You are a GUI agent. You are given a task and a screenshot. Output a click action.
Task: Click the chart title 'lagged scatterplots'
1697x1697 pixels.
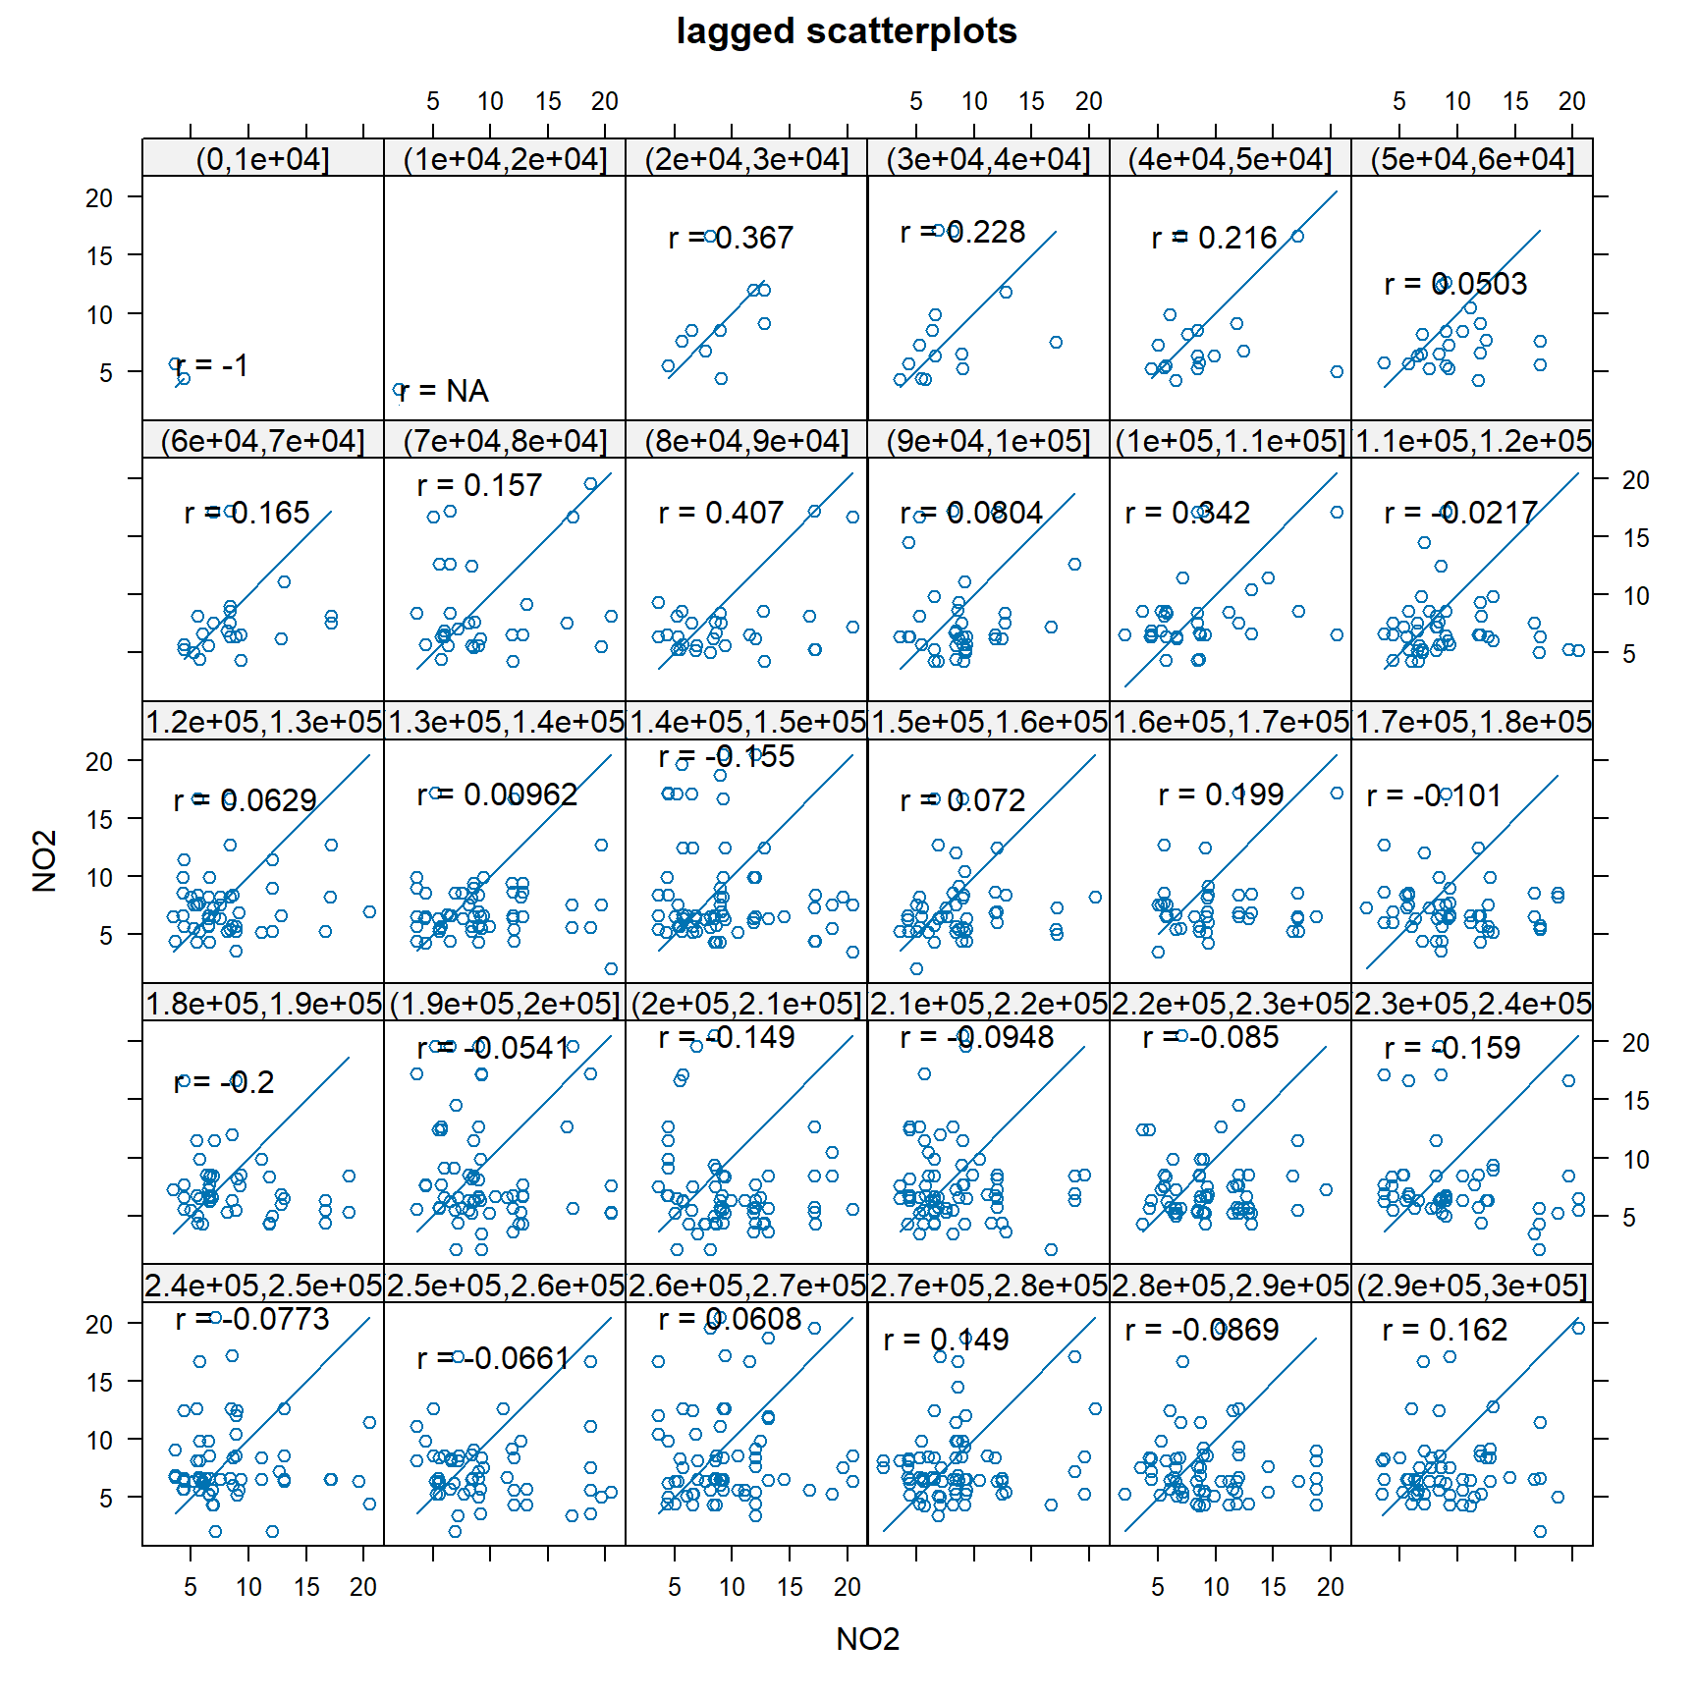[x=847, y=31]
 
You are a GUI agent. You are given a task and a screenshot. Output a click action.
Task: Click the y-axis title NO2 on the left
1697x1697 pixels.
[x=44, y=860]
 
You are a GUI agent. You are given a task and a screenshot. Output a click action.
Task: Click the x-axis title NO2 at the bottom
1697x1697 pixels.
[x=867, y=1638]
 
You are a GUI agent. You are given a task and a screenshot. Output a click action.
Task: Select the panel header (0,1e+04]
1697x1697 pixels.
[x=262, y=158]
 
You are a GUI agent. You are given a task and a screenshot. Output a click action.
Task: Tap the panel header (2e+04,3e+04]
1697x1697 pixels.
[x=746, y=158]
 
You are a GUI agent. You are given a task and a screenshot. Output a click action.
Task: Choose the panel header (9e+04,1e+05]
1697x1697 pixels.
[x=988, y=441]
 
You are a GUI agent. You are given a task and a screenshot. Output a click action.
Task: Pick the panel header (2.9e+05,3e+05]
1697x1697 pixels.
[x=1472, y=1286]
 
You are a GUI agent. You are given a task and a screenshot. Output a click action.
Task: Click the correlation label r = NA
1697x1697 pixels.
[x=444, y=391]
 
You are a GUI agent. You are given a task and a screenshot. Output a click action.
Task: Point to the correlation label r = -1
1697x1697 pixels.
[x=211, y=365]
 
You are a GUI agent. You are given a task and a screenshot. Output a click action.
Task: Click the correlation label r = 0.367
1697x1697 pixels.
[x=730, y=238]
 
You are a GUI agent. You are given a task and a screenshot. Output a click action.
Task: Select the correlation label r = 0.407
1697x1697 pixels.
[x=721, y=513]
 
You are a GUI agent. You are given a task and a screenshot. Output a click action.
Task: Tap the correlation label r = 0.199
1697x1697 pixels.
[x=1221, y=794]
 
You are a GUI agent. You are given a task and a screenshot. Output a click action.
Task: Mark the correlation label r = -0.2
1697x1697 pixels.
[x=224, y=1082]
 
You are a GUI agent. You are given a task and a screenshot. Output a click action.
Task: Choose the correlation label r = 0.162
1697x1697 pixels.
[x=1444, y=1330]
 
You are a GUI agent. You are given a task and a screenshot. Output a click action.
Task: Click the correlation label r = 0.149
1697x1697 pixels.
[x=946, y=1340]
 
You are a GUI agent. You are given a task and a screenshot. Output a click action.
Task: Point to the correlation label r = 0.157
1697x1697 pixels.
[x=479, y=485]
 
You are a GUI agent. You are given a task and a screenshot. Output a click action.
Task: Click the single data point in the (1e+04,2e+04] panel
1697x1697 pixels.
[x=399, y=390]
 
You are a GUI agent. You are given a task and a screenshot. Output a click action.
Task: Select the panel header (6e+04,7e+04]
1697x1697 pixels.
[x=262, y=441]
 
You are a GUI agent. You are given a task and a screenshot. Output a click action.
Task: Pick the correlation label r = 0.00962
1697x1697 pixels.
[x=497, y=794]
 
